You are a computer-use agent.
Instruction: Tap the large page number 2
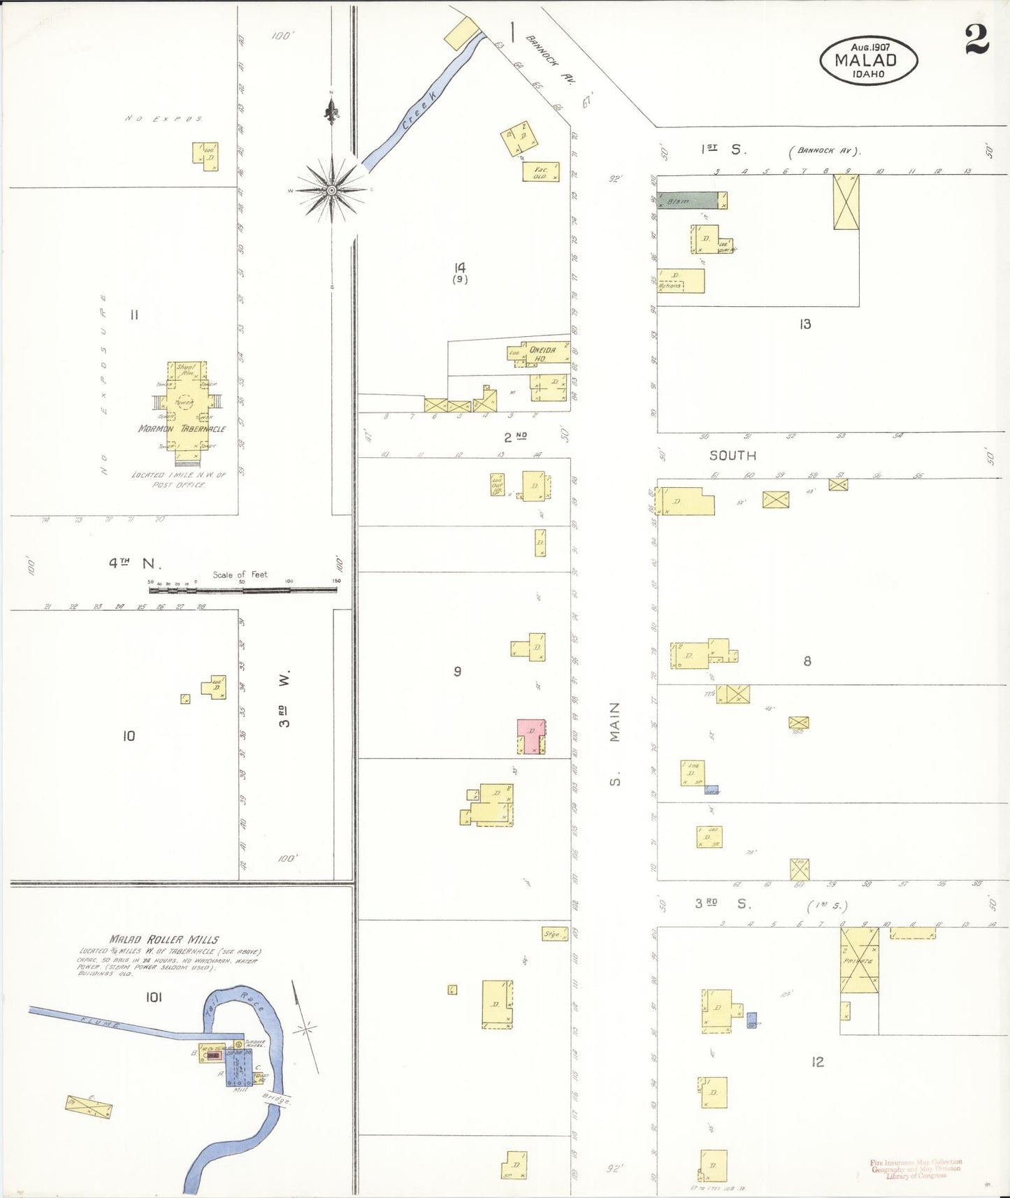click(976, 39)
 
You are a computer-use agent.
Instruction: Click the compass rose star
click(331, 189)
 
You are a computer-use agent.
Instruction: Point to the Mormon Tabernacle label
click(182, 428)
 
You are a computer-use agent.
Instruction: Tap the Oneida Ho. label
click(542, 354)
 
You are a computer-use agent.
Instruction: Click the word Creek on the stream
click(417, 112)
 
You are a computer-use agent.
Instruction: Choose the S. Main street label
click(615, 744)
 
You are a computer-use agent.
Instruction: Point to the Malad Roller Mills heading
click(164, 939)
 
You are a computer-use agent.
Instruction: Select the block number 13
click(805, 324)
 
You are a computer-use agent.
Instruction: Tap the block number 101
click(154, 997)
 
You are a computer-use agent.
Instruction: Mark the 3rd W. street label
click(284, 699)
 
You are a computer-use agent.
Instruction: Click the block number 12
click(817, 1062)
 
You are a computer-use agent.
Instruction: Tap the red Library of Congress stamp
click(916, 1168)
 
